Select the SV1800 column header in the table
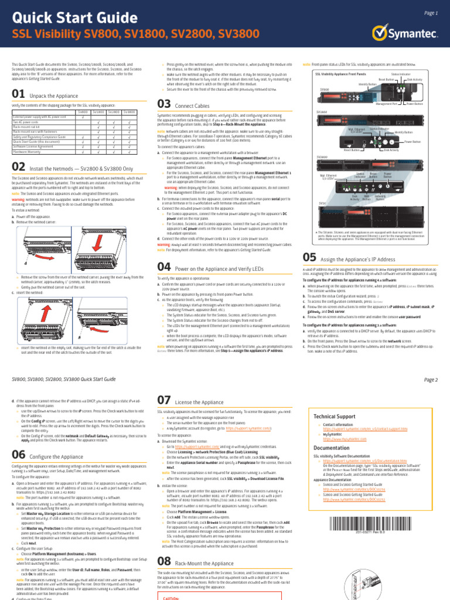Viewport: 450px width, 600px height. point(98,111)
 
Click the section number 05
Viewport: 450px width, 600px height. point(310,257)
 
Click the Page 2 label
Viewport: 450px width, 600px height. point(431,380)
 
